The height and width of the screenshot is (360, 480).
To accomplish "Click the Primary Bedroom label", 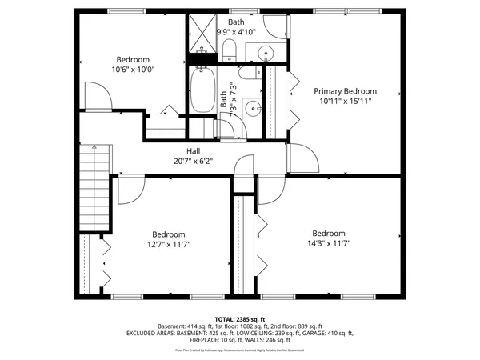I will (x=344, y=91).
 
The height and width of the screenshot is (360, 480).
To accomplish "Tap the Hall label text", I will (x=193, y=150).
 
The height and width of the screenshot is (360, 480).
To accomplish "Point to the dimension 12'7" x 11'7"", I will (x=169, y=244).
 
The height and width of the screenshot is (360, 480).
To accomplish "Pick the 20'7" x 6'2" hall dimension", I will (x=193, y=160).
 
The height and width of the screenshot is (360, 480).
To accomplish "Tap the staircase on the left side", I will (x=96, y=188).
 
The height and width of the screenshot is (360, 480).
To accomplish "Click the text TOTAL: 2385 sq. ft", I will (x=240, y=319).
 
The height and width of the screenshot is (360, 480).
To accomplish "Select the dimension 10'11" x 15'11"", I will (x=344, y=102).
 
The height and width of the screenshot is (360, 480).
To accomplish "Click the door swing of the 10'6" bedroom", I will (x=98, y=98).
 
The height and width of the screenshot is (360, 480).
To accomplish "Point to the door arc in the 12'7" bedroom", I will (x=130, y=189).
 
